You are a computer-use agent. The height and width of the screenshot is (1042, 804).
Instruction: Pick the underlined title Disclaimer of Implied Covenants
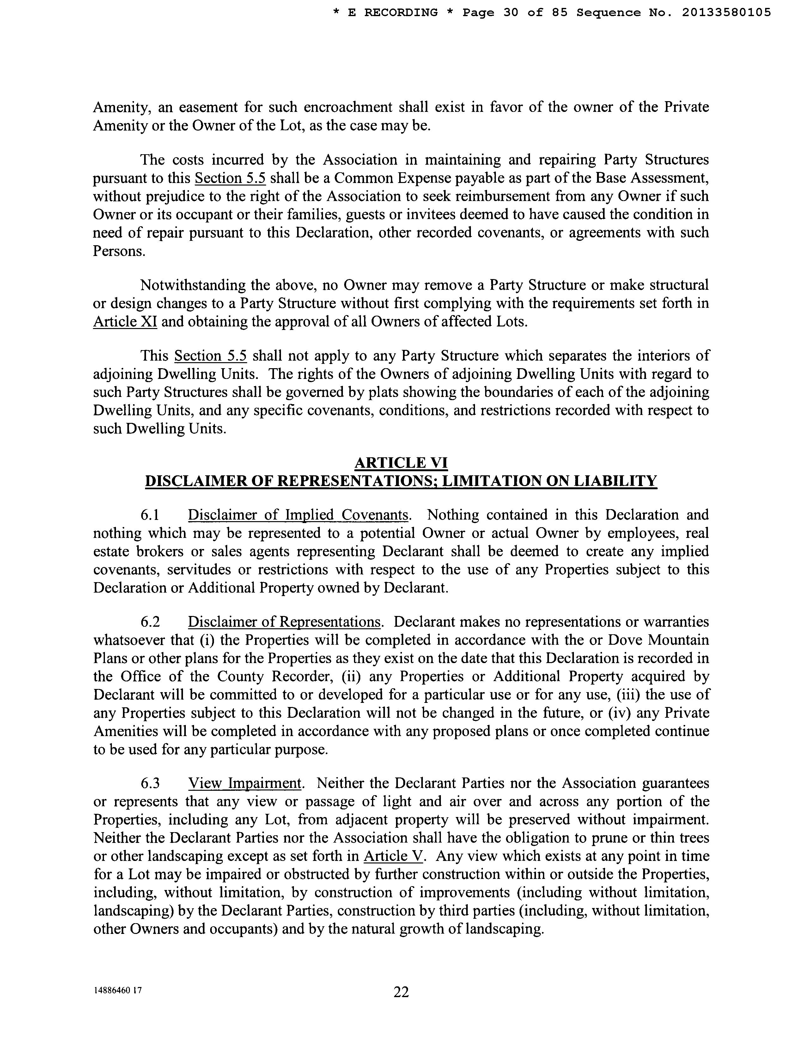coord(298,515)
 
